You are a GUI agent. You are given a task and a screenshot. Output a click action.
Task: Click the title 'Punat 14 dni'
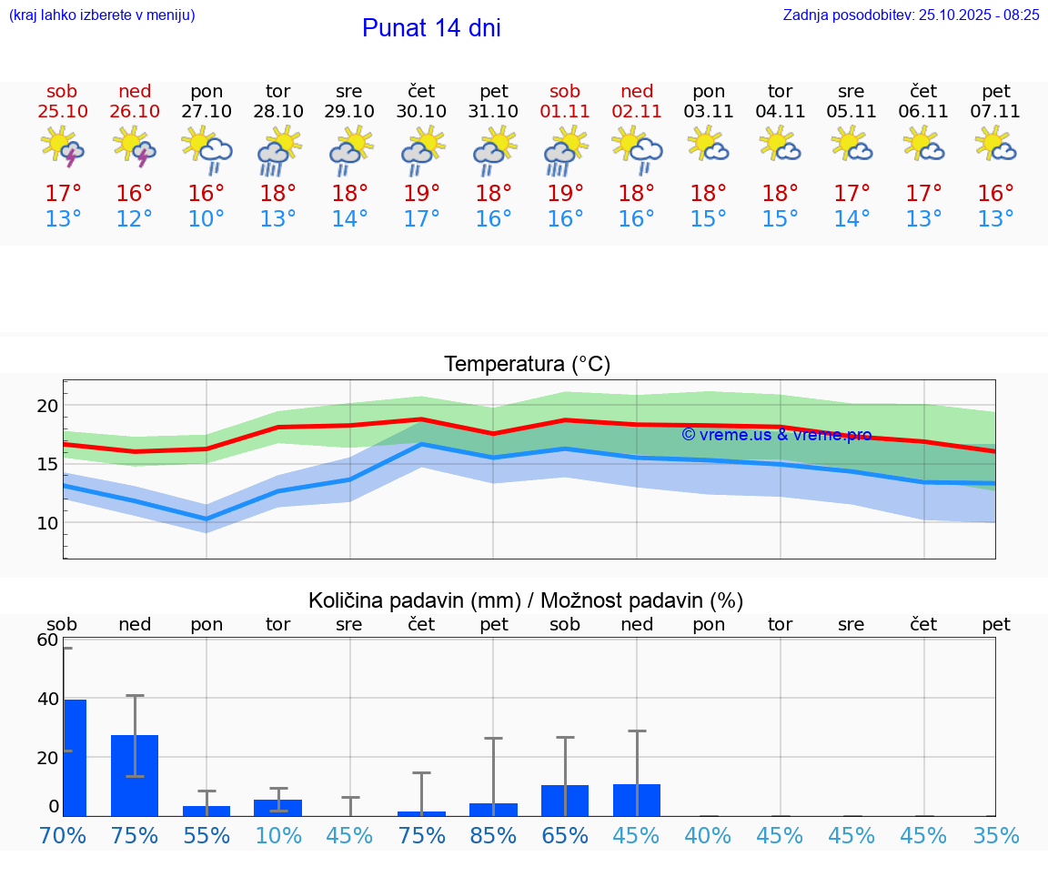431,28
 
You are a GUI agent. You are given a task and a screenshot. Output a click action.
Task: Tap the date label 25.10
63,111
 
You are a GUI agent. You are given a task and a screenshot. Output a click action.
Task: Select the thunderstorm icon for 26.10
135,146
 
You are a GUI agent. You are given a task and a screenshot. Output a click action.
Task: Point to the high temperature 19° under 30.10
421,193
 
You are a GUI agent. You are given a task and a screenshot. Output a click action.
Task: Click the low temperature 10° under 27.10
207,219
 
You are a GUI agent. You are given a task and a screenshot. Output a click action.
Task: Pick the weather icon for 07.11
995,146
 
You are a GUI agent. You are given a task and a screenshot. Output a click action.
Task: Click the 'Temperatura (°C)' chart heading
527,364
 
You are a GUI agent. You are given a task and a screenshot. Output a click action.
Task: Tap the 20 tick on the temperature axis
47,406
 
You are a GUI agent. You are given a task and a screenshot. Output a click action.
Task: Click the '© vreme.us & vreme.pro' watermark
776,435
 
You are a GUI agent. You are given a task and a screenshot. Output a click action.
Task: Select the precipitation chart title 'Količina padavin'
526,600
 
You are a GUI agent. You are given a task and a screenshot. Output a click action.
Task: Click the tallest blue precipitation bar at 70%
75,757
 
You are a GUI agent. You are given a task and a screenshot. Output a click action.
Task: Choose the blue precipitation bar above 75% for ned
135,775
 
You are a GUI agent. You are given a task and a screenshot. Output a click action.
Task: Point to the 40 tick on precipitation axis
47,699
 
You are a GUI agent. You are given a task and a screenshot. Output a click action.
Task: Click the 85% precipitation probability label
493,836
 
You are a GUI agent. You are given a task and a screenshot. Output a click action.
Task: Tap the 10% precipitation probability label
278,836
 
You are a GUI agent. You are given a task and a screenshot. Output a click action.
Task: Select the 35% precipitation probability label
995,836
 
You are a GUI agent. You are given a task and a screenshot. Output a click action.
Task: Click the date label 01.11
565,111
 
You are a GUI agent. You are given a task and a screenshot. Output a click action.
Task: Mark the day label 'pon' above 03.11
709,91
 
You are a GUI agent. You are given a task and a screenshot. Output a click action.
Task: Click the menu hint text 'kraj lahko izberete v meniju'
101,15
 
